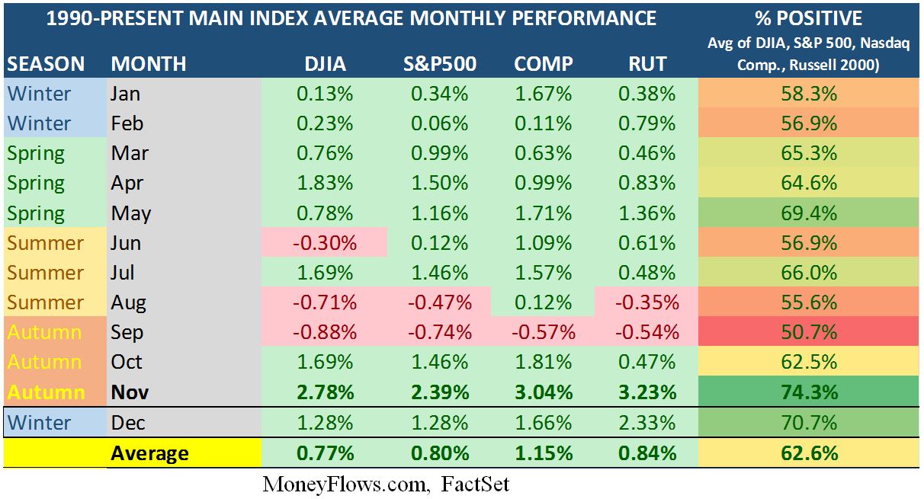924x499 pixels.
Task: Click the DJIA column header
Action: (324, 63)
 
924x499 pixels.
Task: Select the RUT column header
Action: (646, 63)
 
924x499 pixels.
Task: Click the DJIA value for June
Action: (324, 243)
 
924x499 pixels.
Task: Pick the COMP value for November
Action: (543, 392)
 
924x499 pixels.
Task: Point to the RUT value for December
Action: (646, 423)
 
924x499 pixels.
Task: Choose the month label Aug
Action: (128, 302)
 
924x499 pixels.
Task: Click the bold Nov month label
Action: (130, 392)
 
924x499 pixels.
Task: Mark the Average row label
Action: (149, 453)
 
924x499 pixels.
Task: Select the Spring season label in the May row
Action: (36, 213)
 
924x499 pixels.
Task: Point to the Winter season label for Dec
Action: (39, 423)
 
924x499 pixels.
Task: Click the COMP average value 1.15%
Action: (543, 453)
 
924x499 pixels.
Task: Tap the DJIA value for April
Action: (324, 183)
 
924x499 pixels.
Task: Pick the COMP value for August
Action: (543, 302)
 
